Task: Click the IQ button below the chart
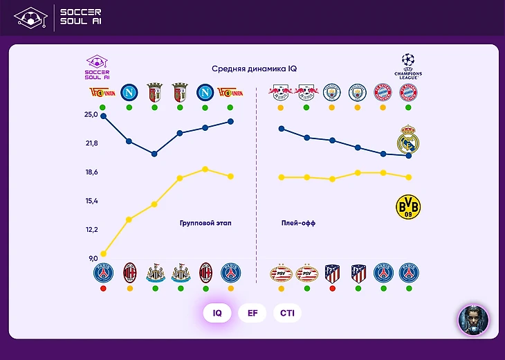(x=217, y=313)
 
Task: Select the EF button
(x=252, y=313)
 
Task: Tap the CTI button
(x=287, y=313)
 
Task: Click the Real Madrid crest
(x=409, y=141)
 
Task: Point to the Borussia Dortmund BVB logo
(x=407, y=206)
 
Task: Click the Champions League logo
(x=407, y=66)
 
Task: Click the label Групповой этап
(x=205, y=223)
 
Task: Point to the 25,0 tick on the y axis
(x=91, y=114)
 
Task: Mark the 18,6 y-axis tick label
(x=91, y=172)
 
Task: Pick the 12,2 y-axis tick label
(x=91, y=229)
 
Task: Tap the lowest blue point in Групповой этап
(x=154, y=154)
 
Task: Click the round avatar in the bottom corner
(x=474, y=320)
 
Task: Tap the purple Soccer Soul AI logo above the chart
(x=98, y=67)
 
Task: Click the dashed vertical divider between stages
(x=257, y=180)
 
